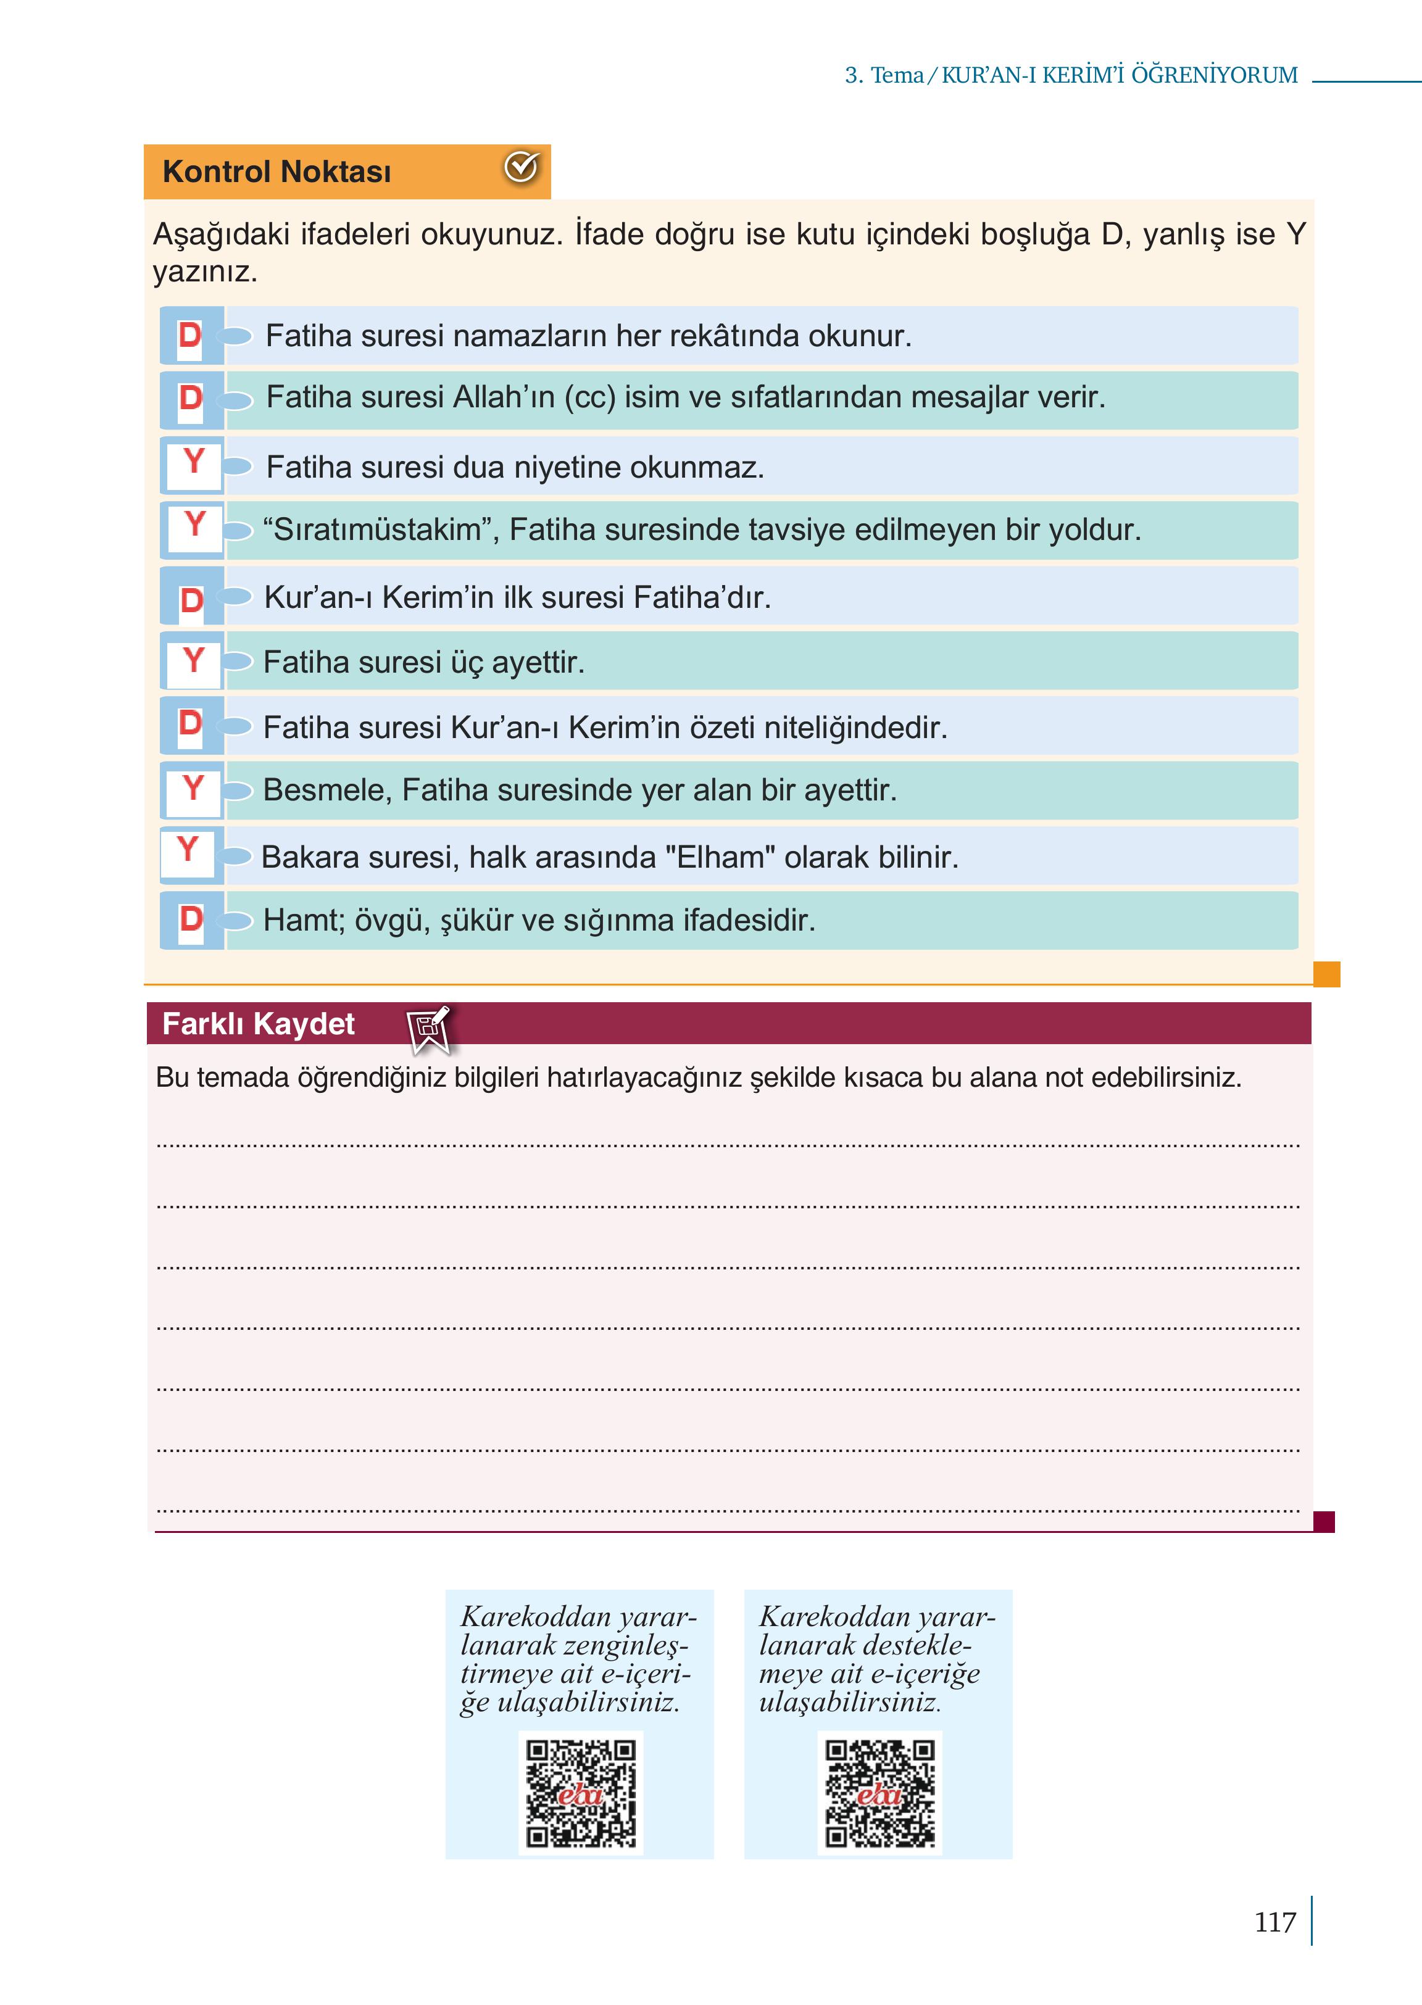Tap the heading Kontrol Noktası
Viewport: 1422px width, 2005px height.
(x=276, y=172)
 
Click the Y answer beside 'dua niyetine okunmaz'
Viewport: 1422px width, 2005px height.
(x=194, y=462)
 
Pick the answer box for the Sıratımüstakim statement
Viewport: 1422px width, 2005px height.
(x=194, y=525)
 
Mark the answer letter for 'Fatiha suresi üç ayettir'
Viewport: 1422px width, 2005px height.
(x=194, y=660)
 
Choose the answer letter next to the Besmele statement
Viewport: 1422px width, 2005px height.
(x=193, y=788)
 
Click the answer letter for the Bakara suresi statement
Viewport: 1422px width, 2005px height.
(x=188, y=849)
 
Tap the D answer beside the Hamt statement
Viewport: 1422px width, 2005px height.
(x=191, y=919)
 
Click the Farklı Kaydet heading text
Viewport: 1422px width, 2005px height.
(x=259, y=1024)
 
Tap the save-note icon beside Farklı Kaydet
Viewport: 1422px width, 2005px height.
(x=429, y=1027)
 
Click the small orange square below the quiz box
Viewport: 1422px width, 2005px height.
(x=1326, y=974)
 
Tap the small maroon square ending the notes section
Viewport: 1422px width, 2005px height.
(x=1324, y=1522)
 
